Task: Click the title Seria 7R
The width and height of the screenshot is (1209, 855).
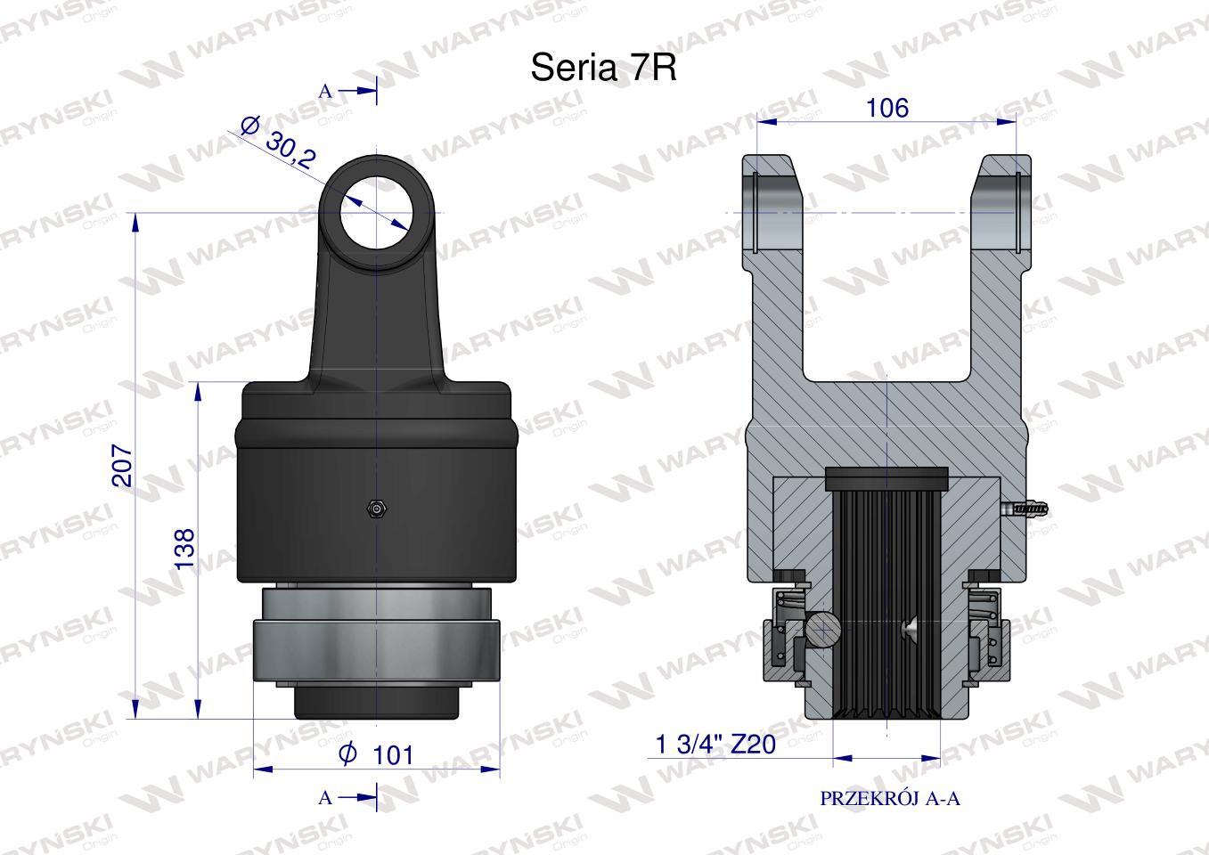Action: pos(603,68)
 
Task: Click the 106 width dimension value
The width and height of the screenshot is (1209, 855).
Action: pos(887,108)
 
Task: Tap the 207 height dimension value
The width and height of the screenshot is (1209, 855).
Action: pos(123,466)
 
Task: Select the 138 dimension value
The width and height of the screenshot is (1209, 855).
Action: pos(184,548)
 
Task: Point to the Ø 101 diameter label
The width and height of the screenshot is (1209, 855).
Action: pos(376,754)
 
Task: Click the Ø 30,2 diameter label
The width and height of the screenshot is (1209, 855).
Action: pos(277,142)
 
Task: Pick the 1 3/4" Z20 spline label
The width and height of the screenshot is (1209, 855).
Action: pos(715,745)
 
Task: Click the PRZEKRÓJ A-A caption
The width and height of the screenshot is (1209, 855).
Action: pos(890,798)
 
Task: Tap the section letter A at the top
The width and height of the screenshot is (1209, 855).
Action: pos(325,92)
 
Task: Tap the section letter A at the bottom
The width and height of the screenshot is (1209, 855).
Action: pos(325,797)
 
